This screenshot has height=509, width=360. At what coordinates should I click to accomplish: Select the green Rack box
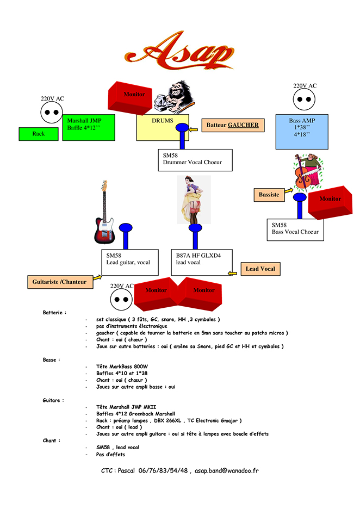pos(39,134)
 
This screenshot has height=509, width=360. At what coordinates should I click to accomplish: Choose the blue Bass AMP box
pos(302,132)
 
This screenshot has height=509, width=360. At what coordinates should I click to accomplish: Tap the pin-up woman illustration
pos(194,200)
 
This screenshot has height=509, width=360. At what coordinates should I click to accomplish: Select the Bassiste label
pos(269,194)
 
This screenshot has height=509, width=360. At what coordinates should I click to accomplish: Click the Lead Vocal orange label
pos(260,269)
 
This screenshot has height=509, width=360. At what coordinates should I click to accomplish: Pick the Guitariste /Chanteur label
pos(59,282)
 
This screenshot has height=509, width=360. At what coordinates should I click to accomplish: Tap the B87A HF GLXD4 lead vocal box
pos(201,262)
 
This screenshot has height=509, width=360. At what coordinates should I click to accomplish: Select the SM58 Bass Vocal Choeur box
pos(295,229)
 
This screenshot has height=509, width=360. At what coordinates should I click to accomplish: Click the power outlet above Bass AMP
pos(305,100)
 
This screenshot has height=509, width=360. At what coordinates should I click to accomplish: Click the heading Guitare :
pos(53,400)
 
